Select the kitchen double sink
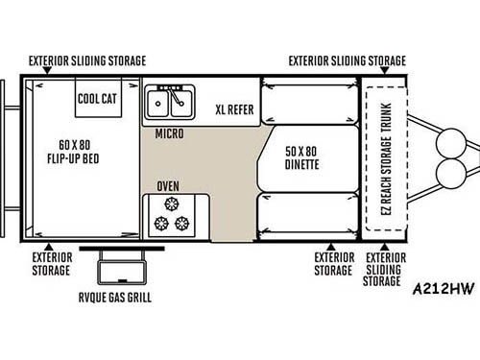pos(170,100)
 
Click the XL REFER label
pos(235,109)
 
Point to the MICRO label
pos(170,133)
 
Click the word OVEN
pos(169,185)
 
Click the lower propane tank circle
pos(449,179)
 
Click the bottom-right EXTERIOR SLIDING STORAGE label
pos(386,270)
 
